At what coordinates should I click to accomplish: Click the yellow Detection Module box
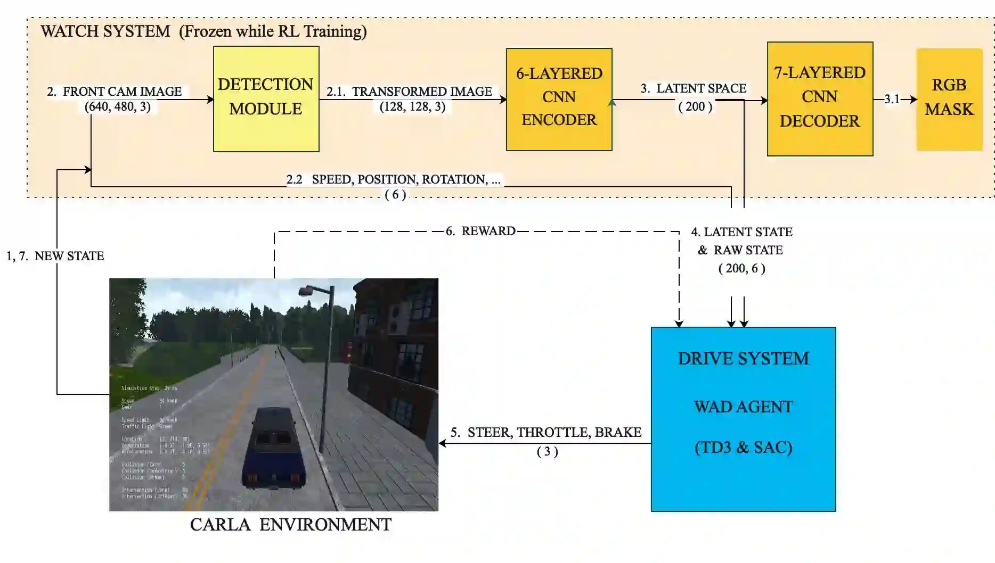pyautogui.click(x=266, y=99)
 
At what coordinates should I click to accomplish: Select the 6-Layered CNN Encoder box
pyautogui.click(x=559, y=99)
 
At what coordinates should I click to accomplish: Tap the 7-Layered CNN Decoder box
pyautogui.click(x=819, y=99)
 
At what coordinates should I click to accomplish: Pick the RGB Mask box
pyautogui.click(x=949, y=99)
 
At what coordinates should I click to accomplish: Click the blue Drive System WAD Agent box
pyautogui.click(x=743, y=419)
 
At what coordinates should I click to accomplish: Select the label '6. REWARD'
pyautogui.click(x=480, y=231)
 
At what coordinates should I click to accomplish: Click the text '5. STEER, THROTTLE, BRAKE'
pyautogui.click(x=546, y=432)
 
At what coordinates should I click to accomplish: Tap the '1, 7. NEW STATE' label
pyautogui.click(x=55, y=256)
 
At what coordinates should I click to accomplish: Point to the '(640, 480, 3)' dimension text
pyautogui.click(x=118, y=106)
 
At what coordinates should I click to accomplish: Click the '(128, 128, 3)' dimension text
pyautogui.click(x=412, y=106)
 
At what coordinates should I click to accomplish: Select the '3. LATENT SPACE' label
pyautogui.click(x=694, y=88)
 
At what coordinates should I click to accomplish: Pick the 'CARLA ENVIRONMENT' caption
pyautogui.click(x=291, y=525)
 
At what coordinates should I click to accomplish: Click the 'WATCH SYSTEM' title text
pyautogui.click(x=105, y=31)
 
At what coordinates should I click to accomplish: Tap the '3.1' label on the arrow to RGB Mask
pyautogui.click(x=892, y=99)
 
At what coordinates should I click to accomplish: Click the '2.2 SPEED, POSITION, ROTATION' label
pyautogui.click(x=393, y=179)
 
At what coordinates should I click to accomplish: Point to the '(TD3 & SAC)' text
pyautogui.click(x=743, y=447)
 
